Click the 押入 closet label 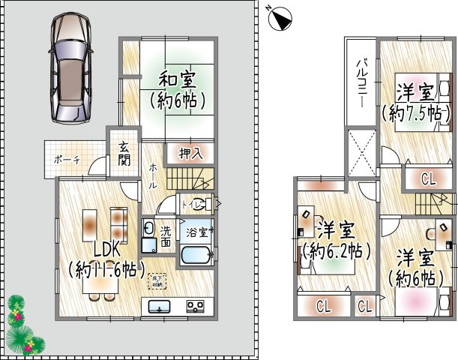pos(190,153)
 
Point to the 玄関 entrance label pos(123,154)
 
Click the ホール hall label pos(153,175)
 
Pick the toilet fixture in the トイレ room pos(204,202)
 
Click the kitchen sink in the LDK pos(160,306)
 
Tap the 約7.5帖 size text pos(415,114)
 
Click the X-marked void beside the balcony pos(361,152)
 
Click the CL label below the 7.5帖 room pos(428,178)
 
